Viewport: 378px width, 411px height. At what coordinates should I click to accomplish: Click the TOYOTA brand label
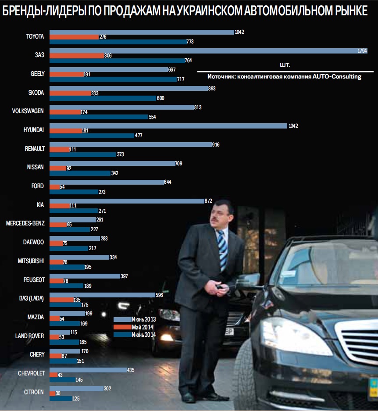tap(35, 36)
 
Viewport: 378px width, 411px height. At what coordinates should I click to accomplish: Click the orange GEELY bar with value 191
tap(66, 75)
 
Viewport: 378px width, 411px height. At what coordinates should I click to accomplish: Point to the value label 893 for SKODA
tap(212, 88)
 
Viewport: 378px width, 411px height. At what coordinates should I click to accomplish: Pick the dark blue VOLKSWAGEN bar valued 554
tap(99, 117)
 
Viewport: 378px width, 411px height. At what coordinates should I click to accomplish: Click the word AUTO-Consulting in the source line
tap(337, 77)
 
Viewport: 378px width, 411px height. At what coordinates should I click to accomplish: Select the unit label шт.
tap(285, 65)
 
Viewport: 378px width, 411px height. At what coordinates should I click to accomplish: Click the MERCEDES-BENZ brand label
tap(25, 223)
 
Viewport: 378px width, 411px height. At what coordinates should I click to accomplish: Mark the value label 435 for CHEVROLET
tap(130, 370)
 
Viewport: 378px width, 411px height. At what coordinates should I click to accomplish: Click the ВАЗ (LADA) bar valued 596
tap(102, 295)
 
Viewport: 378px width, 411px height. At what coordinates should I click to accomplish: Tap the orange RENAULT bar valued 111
tap(59, 150)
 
